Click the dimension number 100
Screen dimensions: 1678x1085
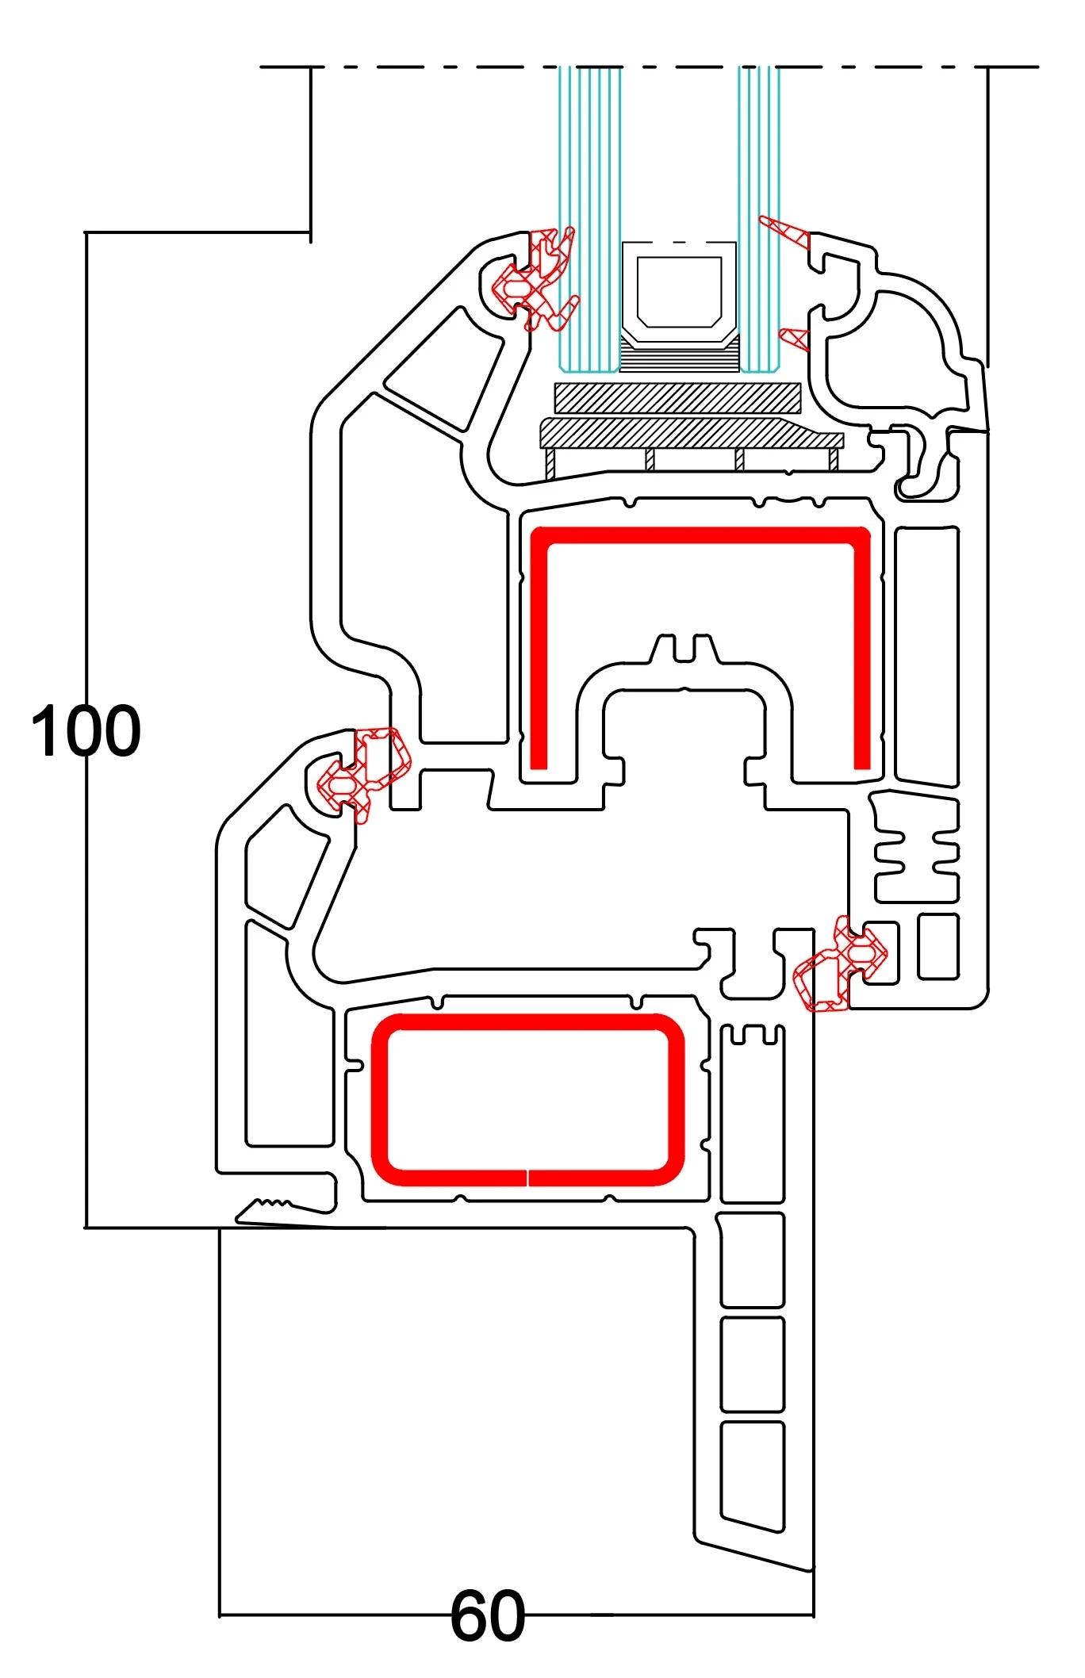click(86, 730)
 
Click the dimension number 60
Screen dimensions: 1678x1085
click(487, 1615)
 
